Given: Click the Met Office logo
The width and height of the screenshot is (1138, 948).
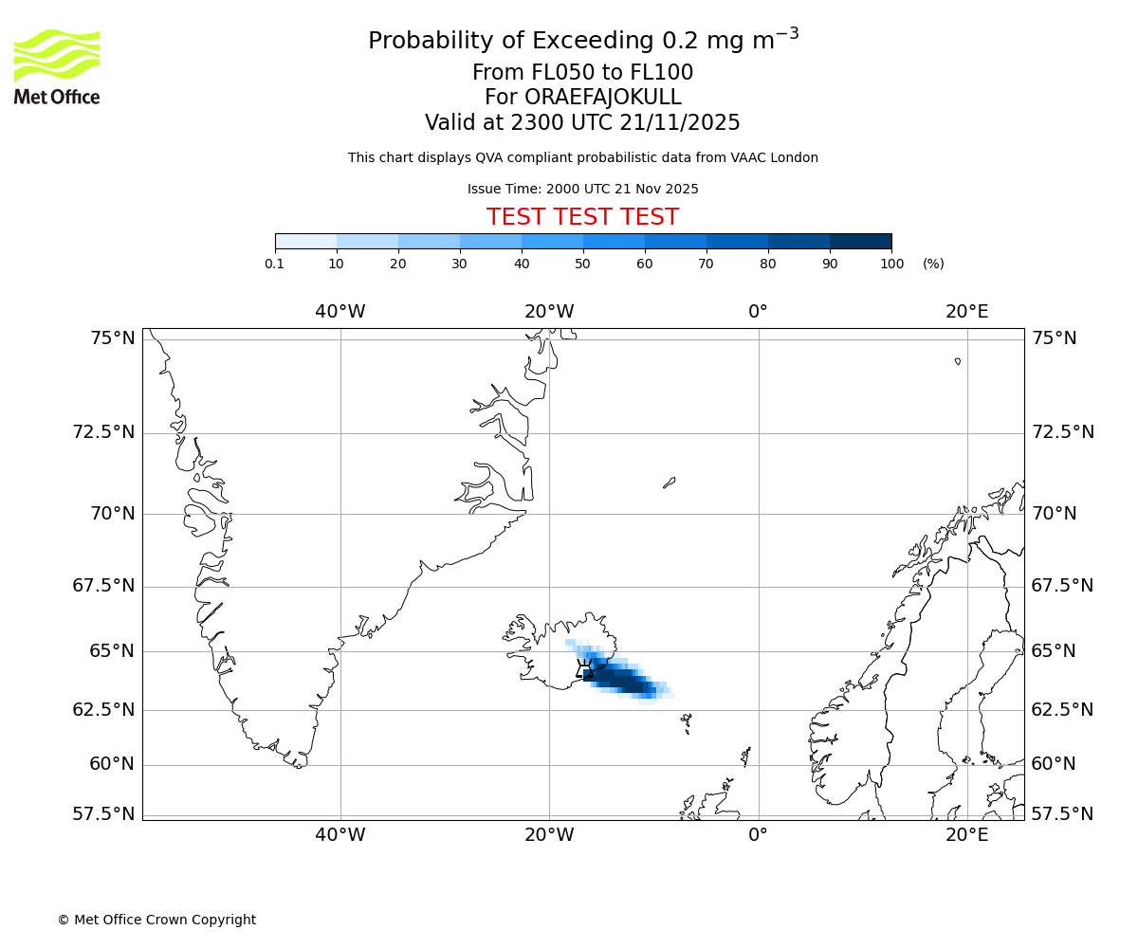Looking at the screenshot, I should click(57, 66).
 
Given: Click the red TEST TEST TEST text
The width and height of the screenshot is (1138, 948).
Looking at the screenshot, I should click(582, 217).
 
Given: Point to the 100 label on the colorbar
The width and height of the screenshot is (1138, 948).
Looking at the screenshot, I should click(891, 264).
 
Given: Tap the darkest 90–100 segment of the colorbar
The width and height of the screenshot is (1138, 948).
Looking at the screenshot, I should click(860, 241).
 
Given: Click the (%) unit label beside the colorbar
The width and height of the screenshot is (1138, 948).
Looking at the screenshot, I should click(933, 264).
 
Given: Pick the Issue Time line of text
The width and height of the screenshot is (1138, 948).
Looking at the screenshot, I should click(582, 189).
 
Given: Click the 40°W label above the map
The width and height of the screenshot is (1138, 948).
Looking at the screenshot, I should click(340, 311).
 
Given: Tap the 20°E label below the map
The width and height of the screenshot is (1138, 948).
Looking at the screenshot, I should click(966, 835).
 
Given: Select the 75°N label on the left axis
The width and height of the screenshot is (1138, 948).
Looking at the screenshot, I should click(111, 338).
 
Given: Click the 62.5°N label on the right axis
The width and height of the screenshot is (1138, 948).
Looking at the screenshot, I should click(1062, 709).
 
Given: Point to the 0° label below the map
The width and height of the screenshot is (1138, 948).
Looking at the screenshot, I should click(758, 835).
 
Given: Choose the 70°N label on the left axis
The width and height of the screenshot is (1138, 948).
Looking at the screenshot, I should click(111, 514).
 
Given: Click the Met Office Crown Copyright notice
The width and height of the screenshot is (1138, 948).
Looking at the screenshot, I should click(156, 920).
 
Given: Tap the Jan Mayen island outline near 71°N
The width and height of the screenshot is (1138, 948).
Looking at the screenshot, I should click(669, 483).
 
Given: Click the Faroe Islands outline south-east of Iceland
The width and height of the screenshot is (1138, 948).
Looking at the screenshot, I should click(687, 724).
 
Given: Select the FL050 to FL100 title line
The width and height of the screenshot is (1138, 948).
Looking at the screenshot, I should click(582, 73).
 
